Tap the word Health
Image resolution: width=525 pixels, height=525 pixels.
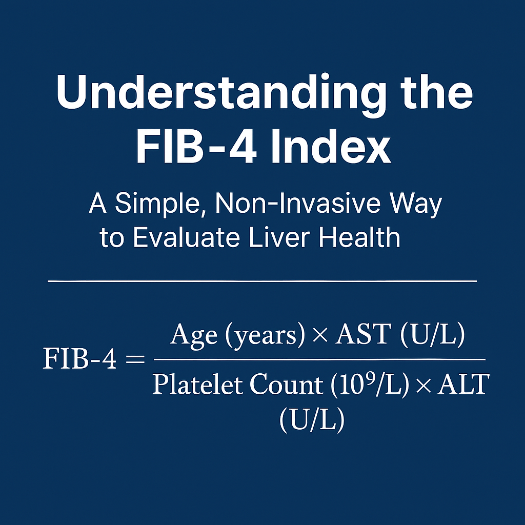(x=360, y=237)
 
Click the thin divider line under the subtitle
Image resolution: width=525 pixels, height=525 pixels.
(x=262, y=281)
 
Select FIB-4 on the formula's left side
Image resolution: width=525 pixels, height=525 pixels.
(x=79, y=359)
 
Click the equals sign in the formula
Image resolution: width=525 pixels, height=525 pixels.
(x=135, y=360)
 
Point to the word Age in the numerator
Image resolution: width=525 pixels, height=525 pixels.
(x=193, y=335)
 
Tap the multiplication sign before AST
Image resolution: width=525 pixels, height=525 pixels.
(x=320, y=335)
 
